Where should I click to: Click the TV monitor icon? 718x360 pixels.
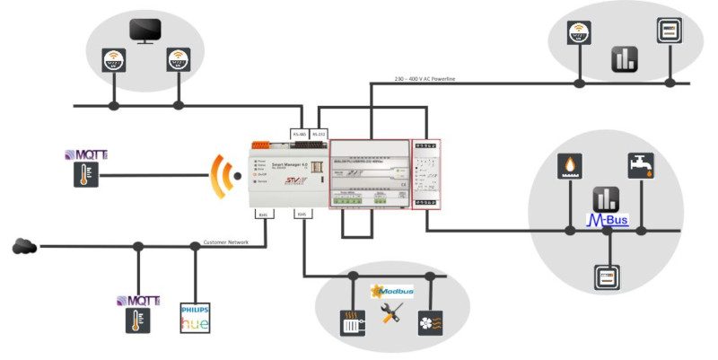click(144, 31)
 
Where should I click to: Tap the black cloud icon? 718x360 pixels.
click(24, 245)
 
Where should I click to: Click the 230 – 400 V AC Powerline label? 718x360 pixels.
click(425, 80)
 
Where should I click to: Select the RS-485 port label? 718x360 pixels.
click(300, 135)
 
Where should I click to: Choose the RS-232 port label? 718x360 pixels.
click(319, 135)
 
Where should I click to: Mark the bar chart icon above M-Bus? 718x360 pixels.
click(605, 198)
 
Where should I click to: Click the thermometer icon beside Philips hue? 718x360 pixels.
click(137, 320)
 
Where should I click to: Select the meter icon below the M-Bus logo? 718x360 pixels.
click(606, 276)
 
